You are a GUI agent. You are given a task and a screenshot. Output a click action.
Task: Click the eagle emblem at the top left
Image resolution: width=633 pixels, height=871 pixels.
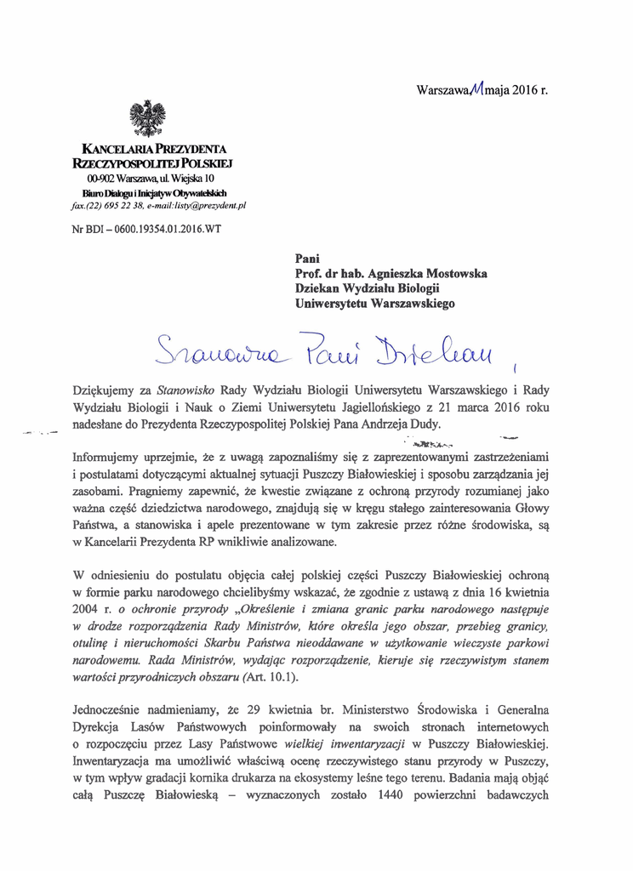pos(147,118)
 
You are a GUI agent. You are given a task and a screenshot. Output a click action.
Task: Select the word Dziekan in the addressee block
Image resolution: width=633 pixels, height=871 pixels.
pos(317,288)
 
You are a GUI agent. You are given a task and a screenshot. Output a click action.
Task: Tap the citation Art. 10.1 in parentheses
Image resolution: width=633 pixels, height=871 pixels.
pos(271,677)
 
